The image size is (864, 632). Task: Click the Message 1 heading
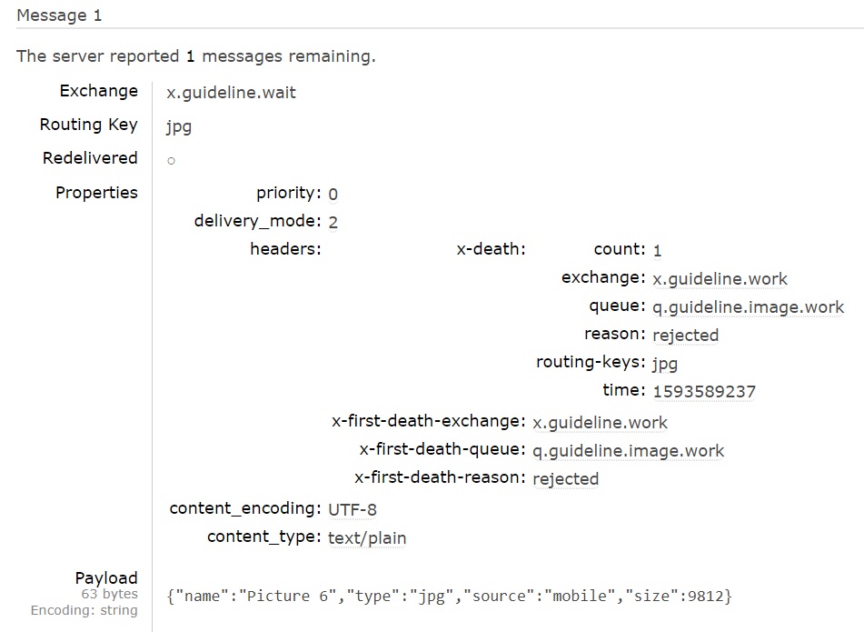point(59,15)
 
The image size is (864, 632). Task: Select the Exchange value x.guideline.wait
point(231,92)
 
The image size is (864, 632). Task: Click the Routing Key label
point(88,125)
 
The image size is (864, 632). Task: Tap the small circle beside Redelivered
point(171,161)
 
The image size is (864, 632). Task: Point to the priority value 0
point(333,194)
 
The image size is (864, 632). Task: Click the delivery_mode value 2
point(333,222)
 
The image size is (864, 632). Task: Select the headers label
point(285,249)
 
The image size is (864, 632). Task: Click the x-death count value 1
point(657,250)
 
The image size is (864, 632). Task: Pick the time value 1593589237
point(703,392)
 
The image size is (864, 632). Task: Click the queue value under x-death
point(748,307)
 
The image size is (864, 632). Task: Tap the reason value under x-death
point(685,336)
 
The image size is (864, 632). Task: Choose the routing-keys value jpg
point(665,364)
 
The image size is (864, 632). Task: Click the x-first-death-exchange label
point(429,421)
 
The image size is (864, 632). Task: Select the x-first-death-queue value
point(628,450)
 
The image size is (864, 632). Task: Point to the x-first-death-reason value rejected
point(565,479)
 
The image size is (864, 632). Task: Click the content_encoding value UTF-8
point(352,509)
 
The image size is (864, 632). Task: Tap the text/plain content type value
point(367,538)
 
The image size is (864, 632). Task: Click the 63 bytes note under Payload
point(109,595)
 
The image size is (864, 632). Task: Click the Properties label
point(96,193)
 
